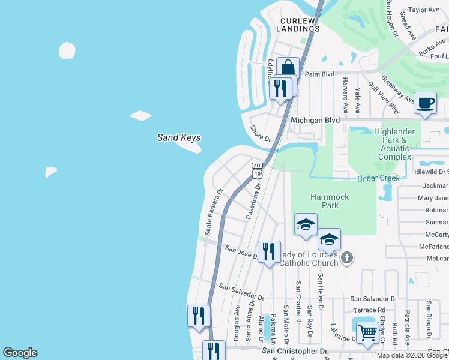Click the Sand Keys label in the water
point(179,137)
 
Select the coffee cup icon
point(425,103)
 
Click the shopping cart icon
point(367,332)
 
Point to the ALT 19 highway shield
point(257,170)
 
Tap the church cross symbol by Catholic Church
point(346,257)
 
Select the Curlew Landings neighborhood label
point(299,25)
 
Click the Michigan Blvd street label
point(315,120)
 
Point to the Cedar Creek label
point(378,178)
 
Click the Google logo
point(20,353)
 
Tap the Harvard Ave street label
point(345,95)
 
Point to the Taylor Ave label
point(424,10)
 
